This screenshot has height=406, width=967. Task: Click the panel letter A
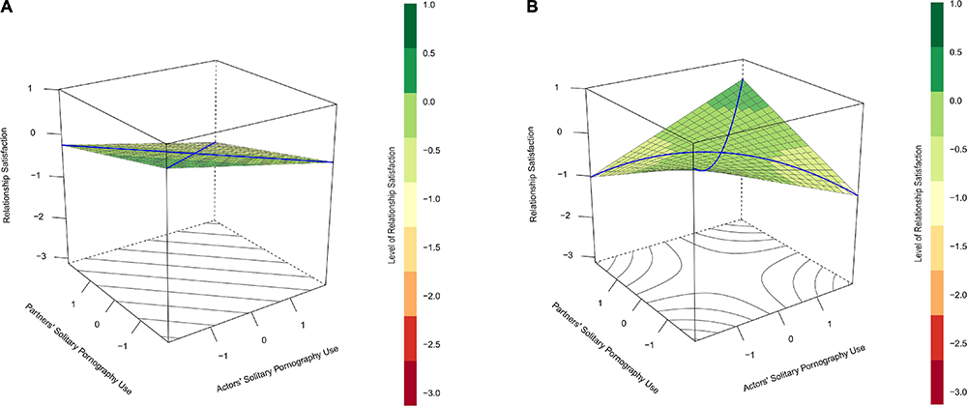pyautogui.click(x=8, y=9)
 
